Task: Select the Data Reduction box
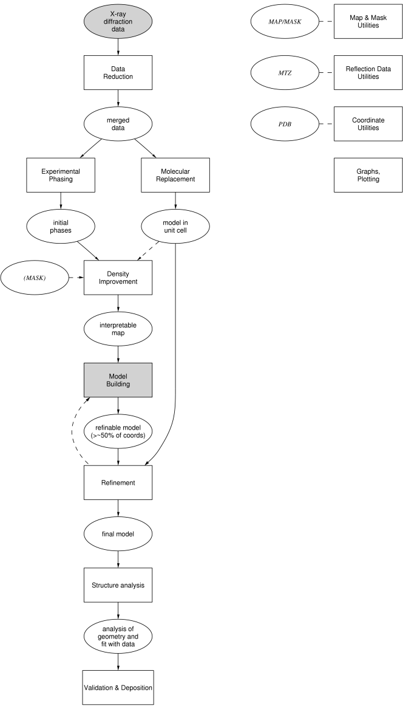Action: tap(118, 72)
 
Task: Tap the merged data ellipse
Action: tap(118, 122)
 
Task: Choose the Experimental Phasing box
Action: tap(61, 176)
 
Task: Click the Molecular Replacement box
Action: tap(175, 176)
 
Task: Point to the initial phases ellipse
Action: tap(61, 227)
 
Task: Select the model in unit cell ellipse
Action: tap(175, 227)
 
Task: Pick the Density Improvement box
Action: tap(118, 277)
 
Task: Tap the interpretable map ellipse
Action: tap(118, 329)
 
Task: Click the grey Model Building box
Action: tap(118, 380)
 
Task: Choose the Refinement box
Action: tap(118, 482)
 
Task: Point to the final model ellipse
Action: tap(118, 535)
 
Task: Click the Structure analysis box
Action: tap(118, 585)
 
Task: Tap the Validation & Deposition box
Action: tap(118, 687)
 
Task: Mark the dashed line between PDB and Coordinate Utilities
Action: tap(327, 124)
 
